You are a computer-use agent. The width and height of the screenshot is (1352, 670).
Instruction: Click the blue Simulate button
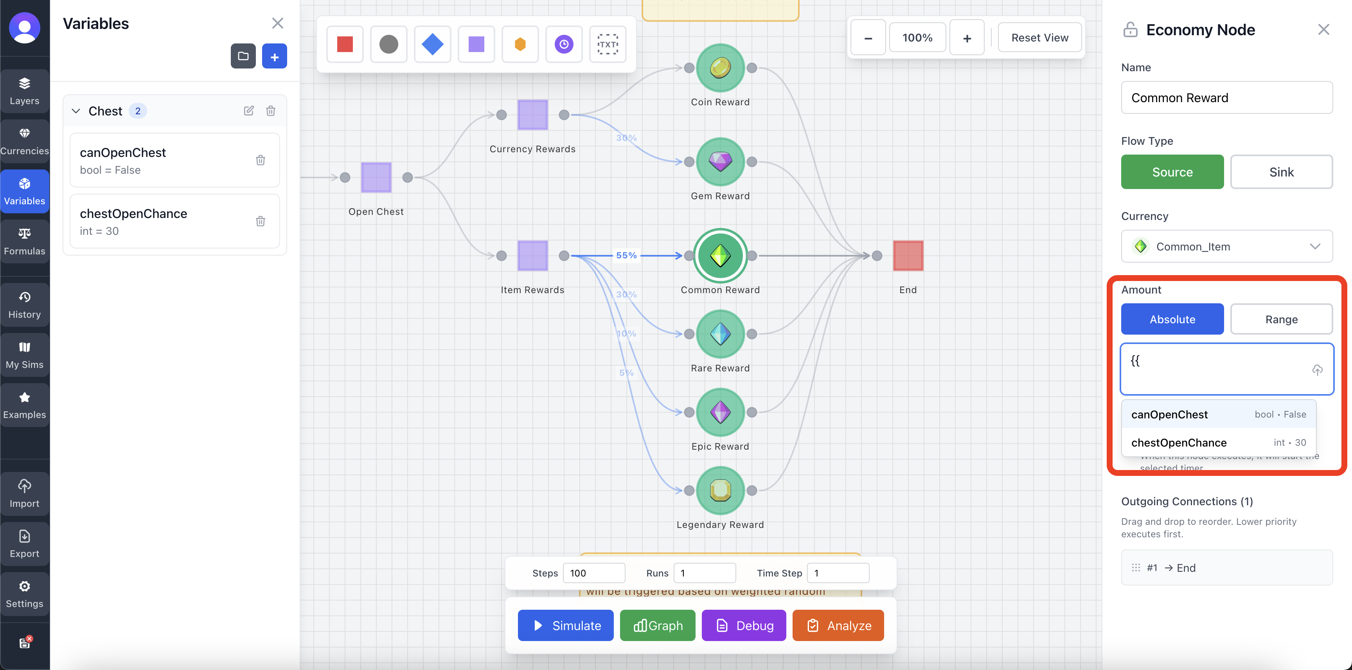pos(565,625)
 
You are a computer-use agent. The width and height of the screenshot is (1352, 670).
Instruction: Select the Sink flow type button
pos(1281,172)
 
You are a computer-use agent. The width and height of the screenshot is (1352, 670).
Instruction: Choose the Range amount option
pos(1281,319)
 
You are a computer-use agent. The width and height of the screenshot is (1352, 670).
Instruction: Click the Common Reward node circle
pos(720,256)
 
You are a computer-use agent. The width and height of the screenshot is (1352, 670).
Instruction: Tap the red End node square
pos(908,256)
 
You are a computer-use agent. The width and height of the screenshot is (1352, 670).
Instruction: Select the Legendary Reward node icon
pos(720,490)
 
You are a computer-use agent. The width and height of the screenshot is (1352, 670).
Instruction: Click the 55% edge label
pos(626,255)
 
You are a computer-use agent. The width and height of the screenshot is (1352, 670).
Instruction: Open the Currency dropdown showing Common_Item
pos(1226,246)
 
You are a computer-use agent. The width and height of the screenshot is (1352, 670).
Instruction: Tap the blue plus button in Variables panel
pos(275,56)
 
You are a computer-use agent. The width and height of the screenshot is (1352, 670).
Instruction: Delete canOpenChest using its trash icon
pos(260,160)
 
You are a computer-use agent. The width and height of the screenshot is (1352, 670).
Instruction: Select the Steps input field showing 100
pos(593,573)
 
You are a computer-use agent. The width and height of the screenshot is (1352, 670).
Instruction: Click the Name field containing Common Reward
pos(1226,98)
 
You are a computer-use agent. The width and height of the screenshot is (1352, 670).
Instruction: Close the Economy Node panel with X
pos(1323,29)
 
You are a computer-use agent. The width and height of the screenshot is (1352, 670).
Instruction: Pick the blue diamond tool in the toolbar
pos(432,44)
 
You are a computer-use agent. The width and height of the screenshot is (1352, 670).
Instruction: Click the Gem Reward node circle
pos(720,162)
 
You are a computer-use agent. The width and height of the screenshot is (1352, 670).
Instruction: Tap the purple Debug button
pos(743,625)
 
